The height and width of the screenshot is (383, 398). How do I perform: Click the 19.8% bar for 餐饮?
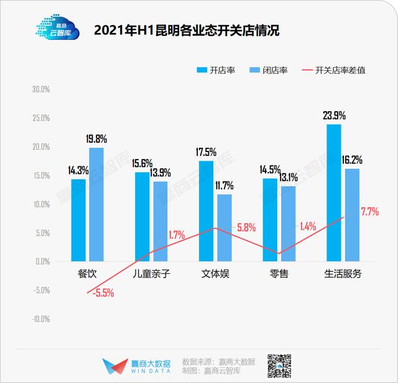pyautogui.click(x=96, y=205)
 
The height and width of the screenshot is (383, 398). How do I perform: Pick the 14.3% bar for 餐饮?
pyautogui.click(x=78, y=220)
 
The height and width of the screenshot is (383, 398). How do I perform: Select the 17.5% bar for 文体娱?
pyautogui.click(x=206, y=211)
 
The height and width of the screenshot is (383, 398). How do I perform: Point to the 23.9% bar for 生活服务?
pyautogui.click(x=334, y=193)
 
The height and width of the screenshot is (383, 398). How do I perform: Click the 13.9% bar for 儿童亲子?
pyautogui.click(x=160, y=222)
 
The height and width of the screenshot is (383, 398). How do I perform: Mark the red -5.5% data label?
pyautogui.click(x=103, y=293)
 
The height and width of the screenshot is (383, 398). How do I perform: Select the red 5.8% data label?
pyautogui.click(x=246, y=227)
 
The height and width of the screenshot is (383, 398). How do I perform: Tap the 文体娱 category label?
pyautogui.click(x=215, y=274)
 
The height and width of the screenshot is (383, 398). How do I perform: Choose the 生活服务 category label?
pyautogui.click(x=343, y=274)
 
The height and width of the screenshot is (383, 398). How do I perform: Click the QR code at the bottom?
pyautogui.click(x=280, y=366)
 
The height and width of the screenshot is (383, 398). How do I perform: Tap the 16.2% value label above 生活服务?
pyautogui.click(x=351, y=160)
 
